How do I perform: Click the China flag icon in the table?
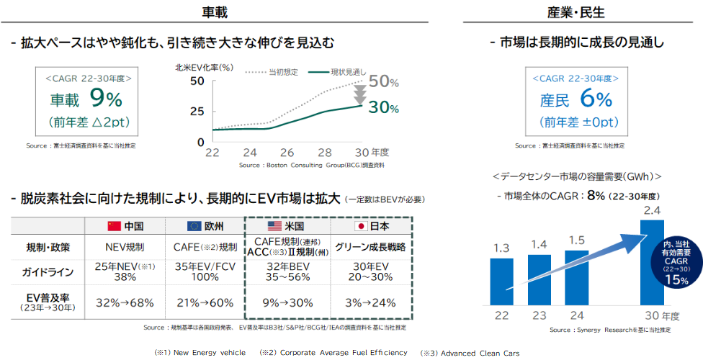113,226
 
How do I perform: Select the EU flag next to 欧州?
193,226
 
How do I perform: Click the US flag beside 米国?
277,226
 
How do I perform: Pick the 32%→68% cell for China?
125,302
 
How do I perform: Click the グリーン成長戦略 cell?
371,247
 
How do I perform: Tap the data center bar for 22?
501,271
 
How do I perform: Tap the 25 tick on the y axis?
197,112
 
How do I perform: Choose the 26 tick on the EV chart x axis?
287,153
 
